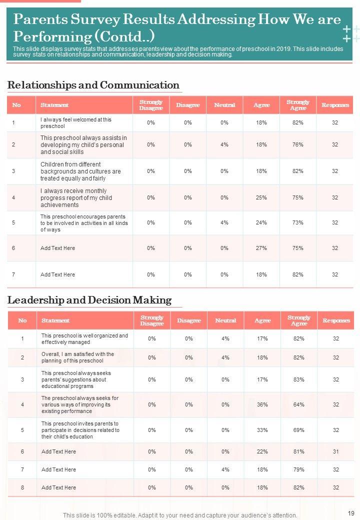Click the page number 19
click(350, 512)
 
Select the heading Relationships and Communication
click(93, 85)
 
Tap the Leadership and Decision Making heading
click(89, 300)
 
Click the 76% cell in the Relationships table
click(298, 144)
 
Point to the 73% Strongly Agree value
click(298, 222)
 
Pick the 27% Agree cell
click(261, 248)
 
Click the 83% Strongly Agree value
click(299, 379)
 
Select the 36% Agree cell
click(262, 404)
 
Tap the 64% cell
click(299, 404)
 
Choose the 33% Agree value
click(262, 430)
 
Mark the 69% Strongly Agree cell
click(299, 430)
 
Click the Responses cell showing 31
click(335, 451)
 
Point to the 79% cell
click(299, 469)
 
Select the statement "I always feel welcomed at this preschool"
click(76, 123)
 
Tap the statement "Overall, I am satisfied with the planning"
click(77, 357)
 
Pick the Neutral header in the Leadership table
click(225, 320)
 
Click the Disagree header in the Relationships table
click(187, 105)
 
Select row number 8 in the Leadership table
click(22, 487)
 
